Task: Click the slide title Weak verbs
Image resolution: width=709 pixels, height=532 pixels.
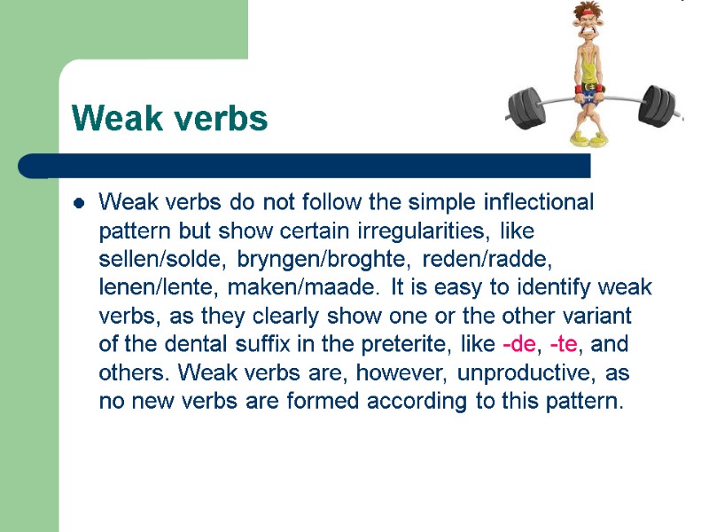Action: point(169,118)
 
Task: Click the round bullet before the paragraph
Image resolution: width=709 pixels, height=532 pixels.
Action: point(79,204)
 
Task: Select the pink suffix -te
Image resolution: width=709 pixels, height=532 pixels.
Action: point(556,345)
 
